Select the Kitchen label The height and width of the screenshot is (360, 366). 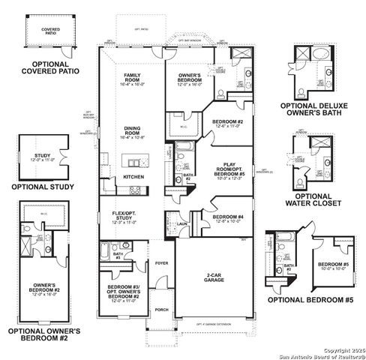(x=133, y=177)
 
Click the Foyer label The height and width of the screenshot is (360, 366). (x=160, y=263)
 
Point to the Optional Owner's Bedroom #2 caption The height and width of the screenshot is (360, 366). (x=44, y=333)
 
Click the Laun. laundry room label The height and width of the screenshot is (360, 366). (x=182, y=223)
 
